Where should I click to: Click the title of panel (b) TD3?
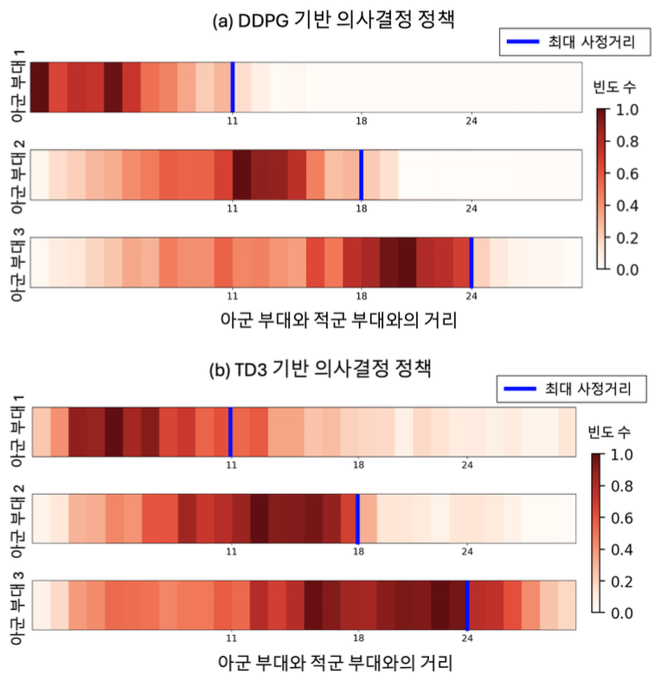point(330,367)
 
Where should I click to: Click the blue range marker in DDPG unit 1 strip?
point(232,87)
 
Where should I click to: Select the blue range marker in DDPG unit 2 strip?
point(361,175)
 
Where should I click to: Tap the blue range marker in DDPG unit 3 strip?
point(471,262)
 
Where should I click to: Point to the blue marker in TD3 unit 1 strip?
point(230,432)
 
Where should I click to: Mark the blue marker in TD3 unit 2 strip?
point(357,519)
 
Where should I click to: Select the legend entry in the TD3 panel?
point(570,389)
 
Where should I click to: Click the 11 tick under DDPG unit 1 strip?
point(232,120)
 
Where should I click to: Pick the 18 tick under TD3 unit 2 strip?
point(357,552)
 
